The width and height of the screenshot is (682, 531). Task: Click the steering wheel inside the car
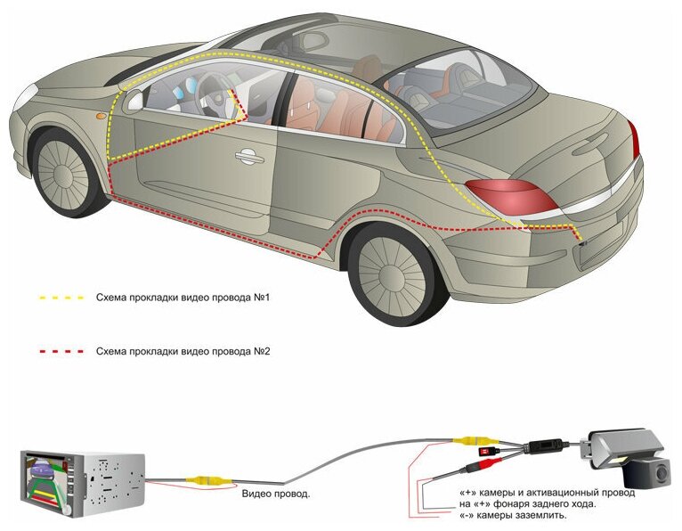(x=209, y=89)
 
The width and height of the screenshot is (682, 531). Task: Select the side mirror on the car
(x=134, y=100)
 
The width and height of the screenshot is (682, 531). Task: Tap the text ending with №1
(x=182, y=297)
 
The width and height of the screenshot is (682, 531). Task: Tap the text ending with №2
(x=182, y=351)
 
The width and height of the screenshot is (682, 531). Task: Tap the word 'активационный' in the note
(x=553, y=492)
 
